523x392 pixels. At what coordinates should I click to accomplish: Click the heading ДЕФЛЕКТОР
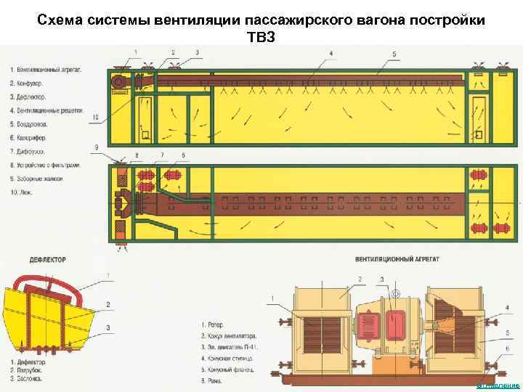tap(49, 258)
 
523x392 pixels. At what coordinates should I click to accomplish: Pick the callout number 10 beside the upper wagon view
tap(96, 115)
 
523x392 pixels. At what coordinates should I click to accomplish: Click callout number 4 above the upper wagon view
tap(331, 54)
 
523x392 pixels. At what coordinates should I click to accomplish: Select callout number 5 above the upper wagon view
tap(394, 54)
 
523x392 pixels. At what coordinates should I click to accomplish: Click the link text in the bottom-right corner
tap(500, 385)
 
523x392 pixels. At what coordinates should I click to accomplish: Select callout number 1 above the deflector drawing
tap(108, 274)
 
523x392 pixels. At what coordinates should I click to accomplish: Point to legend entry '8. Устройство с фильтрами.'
tap(46, 165)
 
